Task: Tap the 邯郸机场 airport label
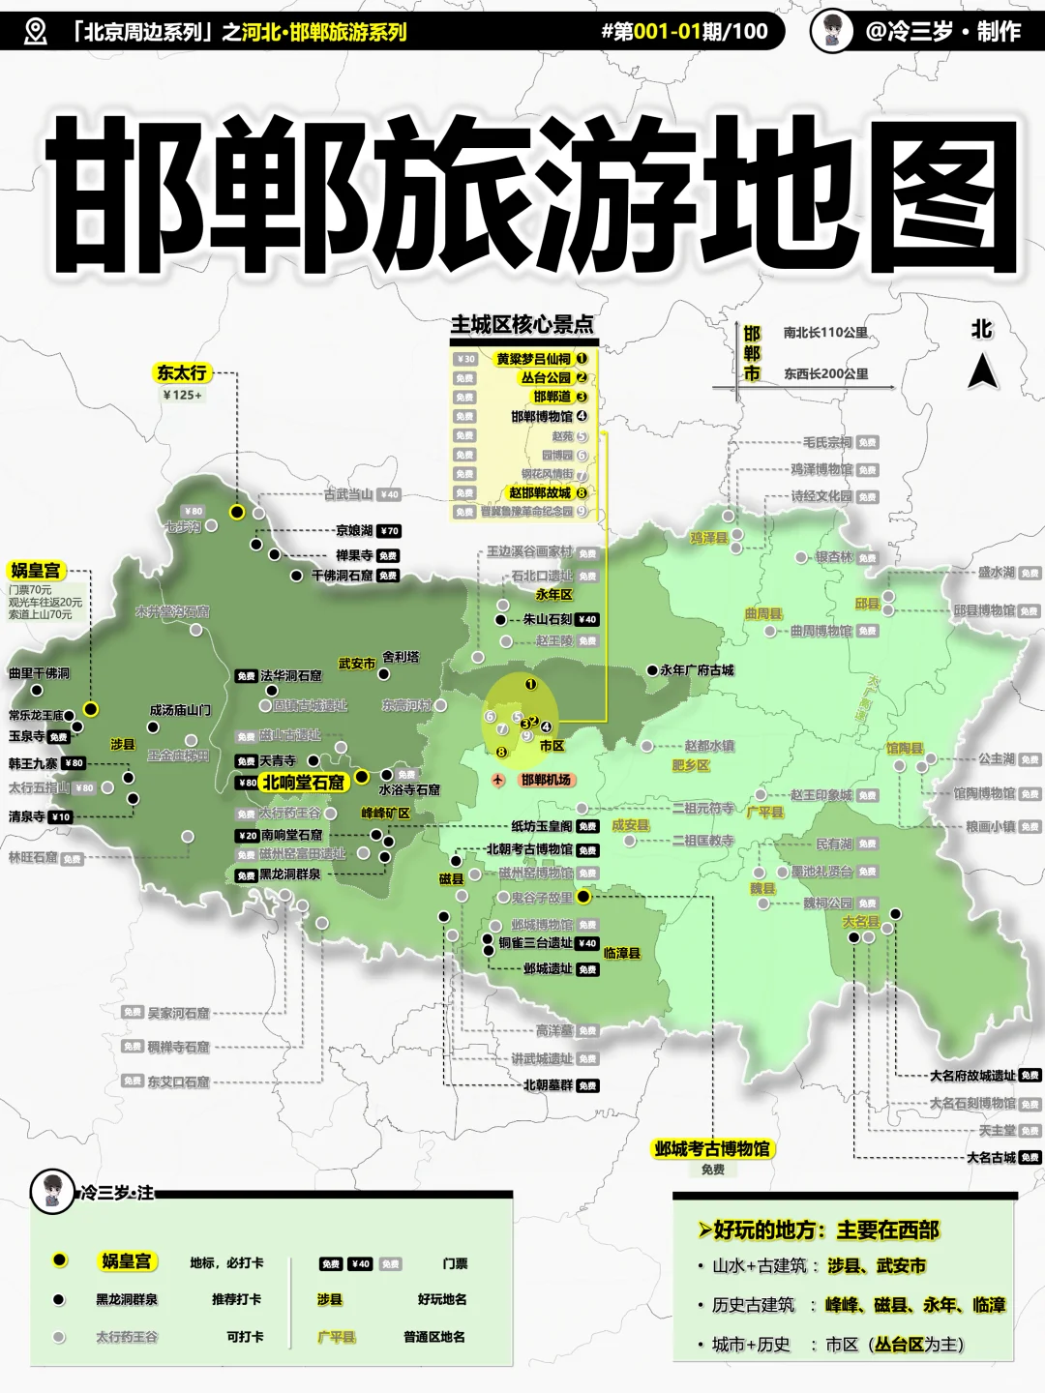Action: coord(545,780)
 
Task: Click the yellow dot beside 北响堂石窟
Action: coord(361,776)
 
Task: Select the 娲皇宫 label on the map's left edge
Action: coord(35,571)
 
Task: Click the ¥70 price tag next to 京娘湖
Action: coord(389,531)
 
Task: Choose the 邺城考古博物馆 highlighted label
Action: coord(712,1148)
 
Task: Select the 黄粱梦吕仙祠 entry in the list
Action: coord(533,359)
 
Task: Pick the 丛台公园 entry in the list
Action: coord(546,378)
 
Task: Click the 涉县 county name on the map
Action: coord(123,744)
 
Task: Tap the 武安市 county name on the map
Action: coord(356,664)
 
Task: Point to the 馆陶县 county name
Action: coord(904,749)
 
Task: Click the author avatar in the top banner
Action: coord(832,30)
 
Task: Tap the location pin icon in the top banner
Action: coord(35,31)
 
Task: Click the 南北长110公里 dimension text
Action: coord(825,333)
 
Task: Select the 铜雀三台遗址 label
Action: coord(536,942)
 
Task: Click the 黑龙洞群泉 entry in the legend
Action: coord(126,1299)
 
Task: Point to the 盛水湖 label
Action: coord(996,572)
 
